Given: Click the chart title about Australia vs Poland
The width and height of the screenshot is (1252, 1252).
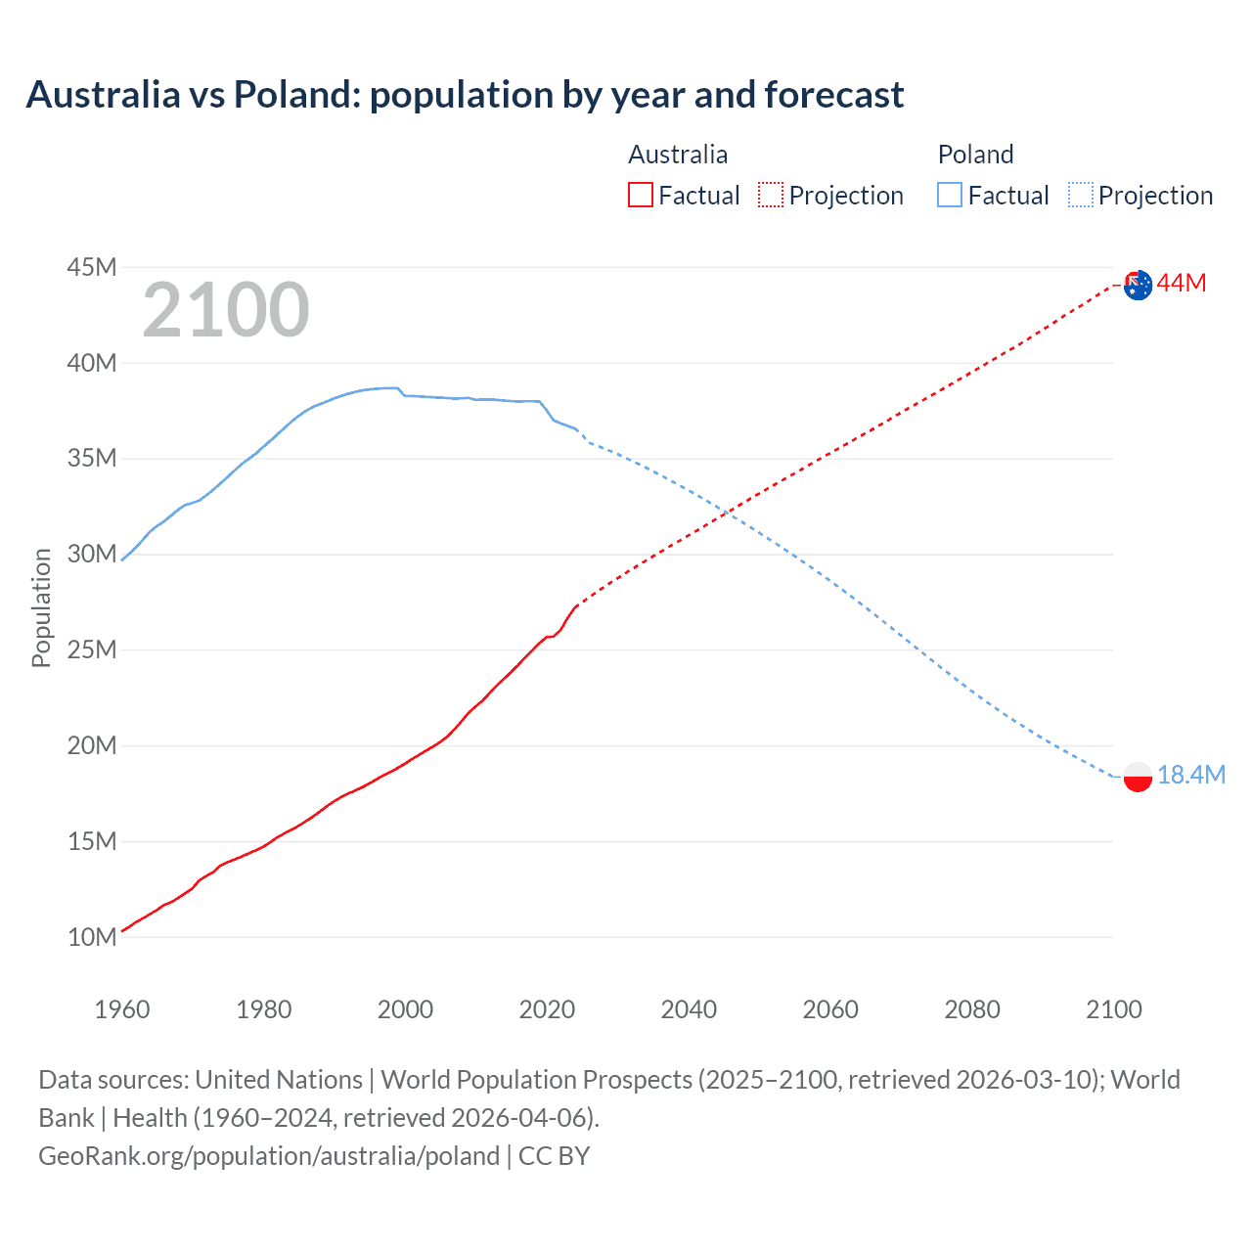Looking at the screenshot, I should pos(465,95).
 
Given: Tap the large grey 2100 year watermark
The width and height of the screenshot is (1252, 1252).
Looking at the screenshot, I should pos(226,310).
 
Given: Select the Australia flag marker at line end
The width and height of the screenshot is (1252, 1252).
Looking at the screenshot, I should pos(1138,285).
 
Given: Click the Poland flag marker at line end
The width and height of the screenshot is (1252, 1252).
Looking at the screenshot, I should pos(1138,777).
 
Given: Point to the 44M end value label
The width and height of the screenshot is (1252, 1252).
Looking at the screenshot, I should pos(1182,284).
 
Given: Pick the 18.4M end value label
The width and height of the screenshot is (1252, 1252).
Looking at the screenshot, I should pos(1191,775).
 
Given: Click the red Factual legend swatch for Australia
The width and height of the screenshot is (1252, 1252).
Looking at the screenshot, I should pos(641,195).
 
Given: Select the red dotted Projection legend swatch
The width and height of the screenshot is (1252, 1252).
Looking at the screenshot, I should pos(771,195).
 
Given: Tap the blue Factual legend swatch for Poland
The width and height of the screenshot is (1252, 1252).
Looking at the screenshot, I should pos(950,195).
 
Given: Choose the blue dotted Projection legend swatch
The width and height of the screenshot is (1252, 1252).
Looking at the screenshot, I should pos(1081,195).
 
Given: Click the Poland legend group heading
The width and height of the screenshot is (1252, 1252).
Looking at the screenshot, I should pos(975,155).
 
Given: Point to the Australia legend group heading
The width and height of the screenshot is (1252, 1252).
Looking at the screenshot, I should pos(678,155).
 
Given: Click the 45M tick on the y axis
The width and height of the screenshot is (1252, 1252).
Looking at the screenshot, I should pos(92,267).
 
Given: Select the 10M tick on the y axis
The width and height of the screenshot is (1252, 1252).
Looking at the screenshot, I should pos(92,937).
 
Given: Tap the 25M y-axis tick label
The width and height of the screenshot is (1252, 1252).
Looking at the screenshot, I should pos(92,650).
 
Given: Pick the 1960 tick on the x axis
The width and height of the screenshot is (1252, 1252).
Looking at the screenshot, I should pos(122,1009).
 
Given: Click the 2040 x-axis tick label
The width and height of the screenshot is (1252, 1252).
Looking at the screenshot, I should pos(689,1009).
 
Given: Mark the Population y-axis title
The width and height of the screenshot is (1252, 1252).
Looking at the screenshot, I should pos(41,607).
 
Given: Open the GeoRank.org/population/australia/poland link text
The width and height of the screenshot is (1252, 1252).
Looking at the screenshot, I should pos(269,1156).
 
